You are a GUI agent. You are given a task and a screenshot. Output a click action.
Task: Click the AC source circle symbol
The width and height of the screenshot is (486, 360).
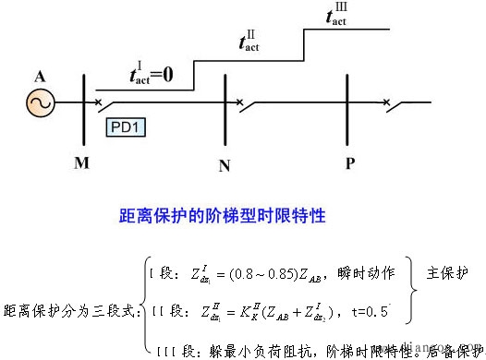coord(42,104)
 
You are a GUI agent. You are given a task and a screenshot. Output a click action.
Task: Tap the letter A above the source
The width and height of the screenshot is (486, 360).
coord(41,75)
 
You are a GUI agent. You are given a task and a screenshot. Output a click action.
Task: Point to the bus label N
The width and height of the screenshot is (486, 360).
coord(225,166)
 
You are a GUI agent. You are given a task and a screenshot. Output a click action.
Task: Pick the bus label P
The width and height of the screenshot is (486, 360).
coord(349,163)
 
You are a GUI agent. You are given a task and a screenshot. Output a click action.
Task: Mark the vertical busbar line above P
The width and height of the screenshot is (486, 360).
coord(346,106)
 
